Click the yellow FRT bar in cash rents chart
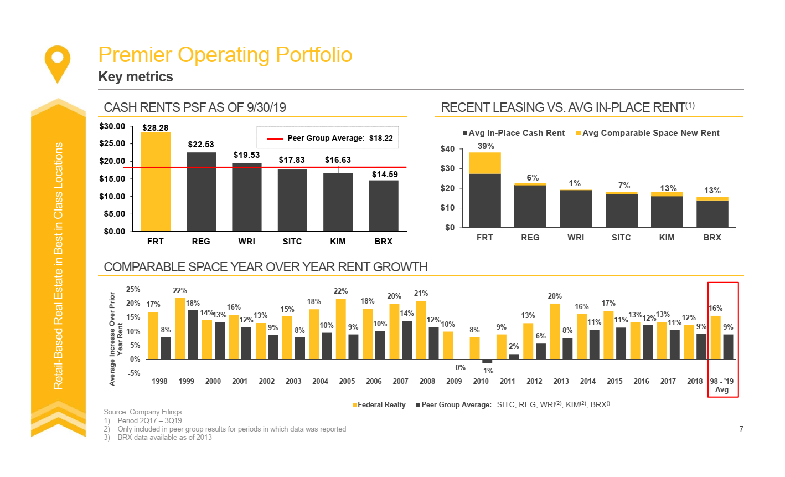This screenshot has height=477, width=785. point(156,182)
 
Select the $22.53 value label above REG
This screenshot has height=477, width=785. point(201,145)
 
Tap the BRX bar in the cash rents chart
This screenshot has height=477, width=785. point(384,206)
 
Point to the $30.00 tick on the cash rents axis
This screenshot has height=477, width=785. point(112,126)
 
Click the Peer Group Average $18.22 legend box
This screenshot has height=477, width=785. point(328,138)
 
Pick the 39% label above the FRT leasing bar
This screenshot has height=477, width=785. point(486,146)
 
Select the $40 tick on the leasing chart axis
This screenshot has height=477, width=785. point(447,149)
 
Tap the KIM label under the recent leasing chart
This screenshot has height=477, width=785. point(667,238)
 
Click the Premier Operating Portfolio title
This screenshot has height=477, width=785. point(225,55)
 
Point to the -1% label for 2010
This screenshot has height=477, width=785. point(487,371)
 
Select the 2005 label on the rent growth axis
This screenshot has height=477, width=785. point(347,381)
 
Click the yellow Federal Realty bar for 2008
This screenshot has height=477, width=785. point(421,330)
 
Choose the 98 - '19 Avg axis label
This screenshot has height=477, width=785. point(722,386)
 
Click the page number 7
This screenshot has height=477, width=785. point(741,429)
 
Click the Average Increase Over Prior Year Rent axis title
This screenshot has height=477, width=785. point(116,338)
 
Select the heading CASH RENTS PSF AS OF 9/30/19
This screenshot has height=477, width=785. point(195,107)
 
